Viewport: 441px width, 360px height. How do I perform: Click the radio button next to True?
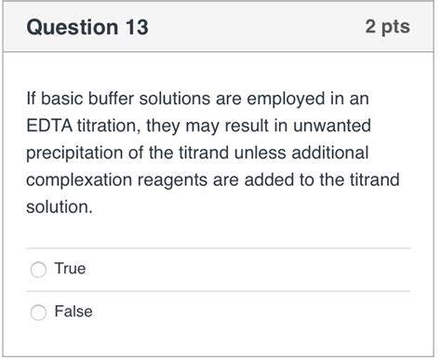(38, 270)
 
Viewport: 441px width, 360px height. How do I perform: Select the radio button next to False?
(38, 313)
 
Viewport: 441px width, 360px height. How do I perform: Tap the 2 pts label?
(387, 27)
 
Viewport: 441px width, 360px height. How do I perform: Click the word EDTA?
(51, 125)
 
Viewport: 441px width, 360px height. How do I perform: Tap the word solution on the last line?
(59, 206)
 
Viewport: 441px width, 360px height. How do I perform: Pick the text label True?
(70, 269)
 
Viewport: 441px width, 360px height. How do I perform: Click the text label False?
(73, 312)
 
